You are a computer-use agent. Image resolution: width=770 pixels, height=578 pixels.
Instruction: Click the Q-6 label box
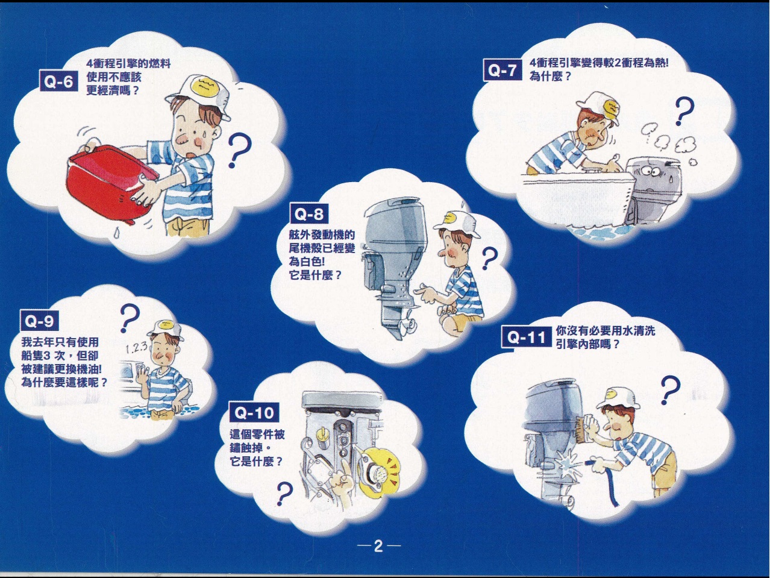[58, 81]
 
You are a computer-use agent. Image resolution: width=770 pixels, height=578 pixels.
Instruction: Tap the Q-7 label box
[502, 71]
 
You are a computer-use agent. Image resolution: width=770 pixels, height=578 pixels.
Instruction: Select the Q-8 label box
[309, 214]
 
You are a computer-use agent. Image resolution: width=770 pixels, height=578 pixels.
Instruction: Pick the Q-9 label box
[39, 321]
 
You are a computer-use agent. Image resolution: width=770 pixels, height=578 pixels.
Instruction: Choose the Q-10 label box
[254, 412]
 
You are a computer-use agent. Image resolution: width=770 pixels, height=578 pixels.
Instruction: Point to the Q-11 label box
[527, 338]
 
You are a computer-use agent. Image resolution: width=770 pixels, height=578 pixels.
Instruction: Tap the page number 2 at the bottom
[378, 546]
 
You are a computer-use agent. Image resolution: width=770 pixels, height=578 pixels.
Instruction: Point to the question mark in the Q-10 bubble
[284, 494]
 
